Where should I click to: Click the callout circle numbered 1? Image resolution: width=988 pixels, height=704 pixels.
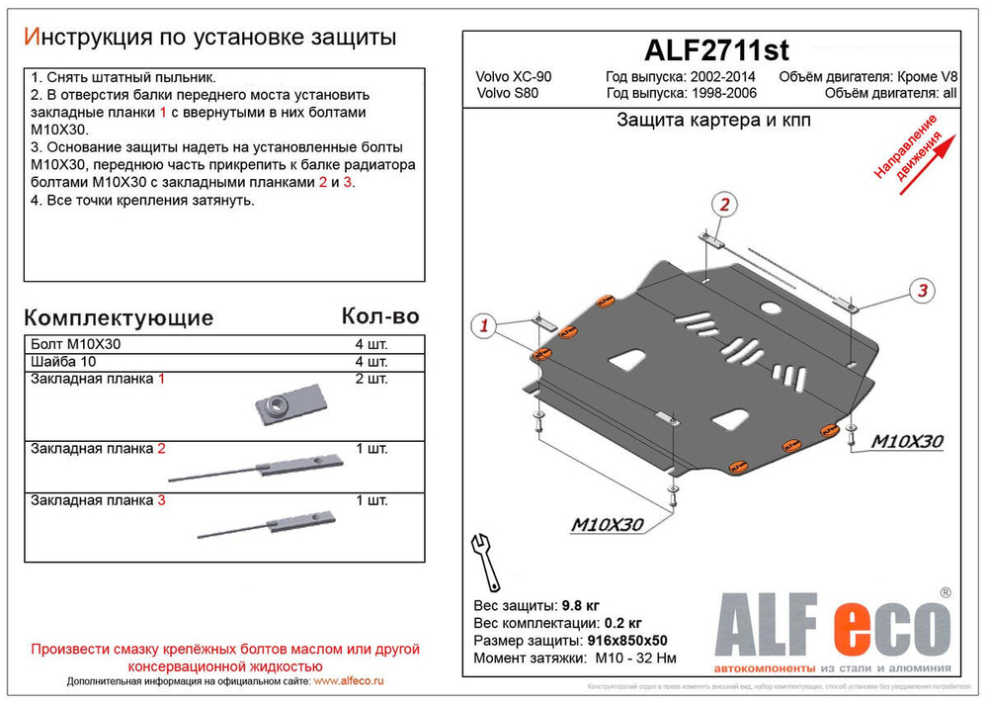click(x=483, y=326)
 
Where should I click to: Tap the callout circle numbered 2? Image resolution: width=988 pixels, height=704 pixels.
click(x=724, y=206)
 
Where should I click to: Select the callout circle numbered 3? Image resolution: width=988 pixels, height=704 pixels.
click(x=921, y=290)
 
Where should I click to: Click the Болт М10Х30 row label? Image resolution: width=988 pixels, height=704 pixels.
click(x=77, y=344)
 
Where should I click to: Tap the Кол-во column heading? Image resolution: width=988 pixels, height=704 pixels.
click(x=379, y=316)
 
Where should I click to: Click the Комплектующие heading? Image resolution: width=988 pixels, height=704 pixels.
click(x=118, y=317)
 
